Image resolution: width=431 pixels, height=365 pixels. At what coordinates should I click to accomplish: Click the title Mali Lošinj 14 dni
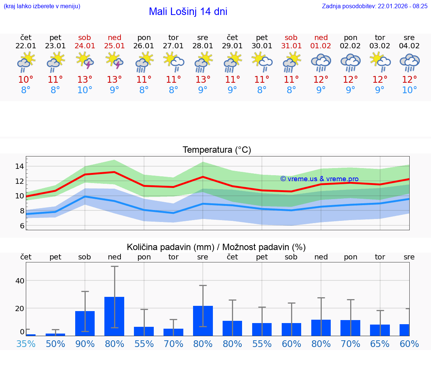(x=188, y=12)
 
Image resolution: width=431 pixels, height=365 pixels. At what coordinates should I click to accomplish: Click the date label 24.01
(x=85, y=46)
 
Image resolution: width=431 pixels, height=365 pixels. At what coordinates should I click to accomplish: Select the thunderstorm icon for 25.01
(x=114, y=61)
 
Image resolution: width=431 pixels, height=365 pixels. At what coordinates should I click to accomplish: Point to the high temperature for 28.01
(x=203, y=80)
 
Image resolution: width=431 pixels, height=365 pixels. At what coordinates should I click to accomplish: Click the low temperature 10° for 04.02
(x=409, y=90)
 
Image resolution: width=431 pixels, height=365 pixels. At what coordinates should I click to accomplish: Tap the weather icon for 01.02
(x=321, y=62)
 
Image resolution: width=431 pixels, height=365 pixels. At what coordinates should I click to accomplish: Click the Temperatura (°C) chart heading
(x=217, y=150)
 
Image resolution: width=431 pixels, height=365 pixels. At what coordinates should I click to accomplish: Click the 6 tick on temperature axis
(x=22, y=226)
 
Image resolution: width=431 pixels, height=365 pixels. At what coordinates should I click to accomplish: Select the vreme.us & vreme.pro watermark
(x=320, y=179)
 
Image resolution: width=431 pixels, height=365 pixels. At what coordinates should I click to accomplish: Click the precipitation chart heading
(x=216, y=247)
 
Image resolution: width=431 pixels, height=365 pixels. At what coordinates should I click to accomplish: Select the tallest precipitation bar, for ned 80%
(x=114, y=316)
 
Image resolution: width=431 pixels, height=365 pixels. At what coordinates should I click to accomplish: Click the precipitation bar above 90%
(x=85, y=323)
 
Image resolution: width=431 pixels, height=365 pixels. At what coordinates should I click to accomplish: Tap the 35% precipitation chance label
(x=26, y=344)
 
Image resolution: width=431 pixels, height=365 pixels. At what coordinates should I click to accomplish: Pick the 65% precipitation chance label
(x=380, y=344)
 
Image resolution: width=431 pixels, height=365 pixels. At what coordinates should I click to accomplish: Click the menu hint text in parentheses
(x=42, y=6)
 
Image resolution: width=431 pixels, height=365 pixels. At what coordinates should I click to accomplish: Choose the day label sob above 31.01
(x=291, y=37)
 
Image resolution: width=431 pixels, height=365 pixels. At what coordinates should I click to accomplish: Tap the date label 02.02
(x=350, y=46)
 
